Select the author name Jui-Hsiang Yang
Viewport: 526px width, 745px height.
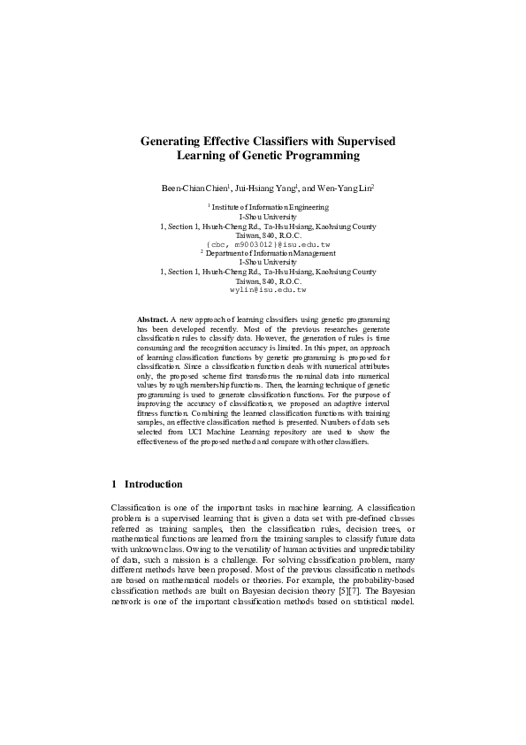coord(266,188)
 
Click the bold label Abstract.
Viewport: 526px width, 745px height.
coord(152,318)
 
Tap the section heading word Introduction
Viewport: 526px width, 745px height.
coord(154,485)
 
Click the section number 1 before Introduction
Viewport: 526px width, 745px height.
coord(115,485)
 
